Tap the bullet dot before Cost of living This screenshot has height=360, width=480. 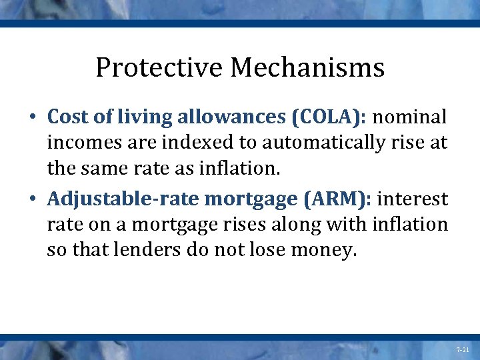click(x=33, y=117)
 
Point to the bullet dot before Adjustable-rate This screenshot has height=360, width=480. click(x=33, y=199)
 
